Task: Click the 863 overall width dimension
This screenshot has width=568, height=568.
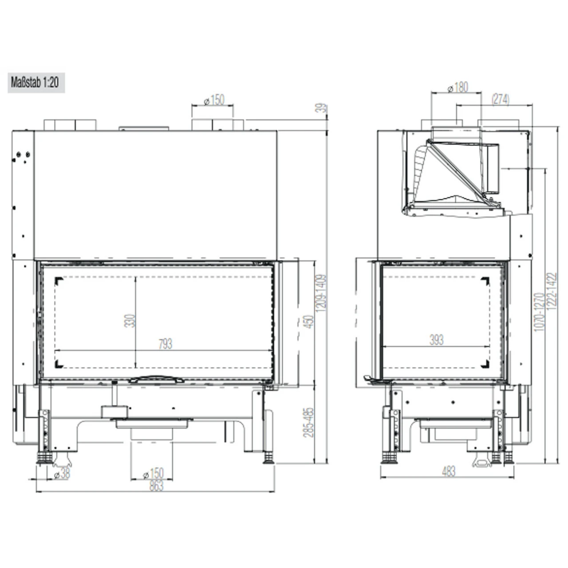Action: [156, 485]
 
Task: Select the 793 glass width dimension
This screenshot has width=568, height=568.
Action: [165, 344]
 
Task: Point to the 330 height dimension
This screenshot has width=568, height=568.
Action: [130, 320]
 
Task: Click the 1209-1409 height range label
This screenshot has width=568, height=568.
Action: [323, 293]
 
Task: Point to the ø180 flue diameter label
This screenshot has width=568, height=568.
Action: [458, 87]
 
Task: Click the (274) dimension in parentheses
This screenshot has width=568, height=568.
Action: [500, 100]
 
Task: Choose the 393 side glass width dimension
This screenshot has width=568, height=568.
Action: [437, 340]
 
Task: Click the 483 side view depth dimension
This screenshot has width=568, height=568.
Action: [449, 472]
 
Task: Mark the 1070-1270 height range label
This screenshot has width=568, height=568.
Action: [539, 312]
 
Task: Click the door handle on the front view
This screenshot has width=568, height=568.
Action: [156, 379]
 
